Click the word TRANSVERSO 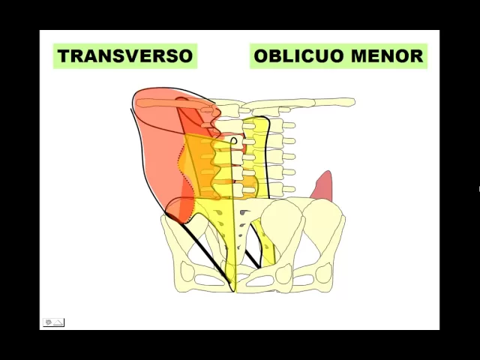click(x=125, y=56)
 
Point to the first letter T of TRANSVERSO click(x=63, y=56)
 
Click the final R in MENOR click(x=417, y=56)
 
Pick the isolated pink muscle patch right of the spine click(x=322, y=187)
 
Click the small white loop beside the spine click(x=233, y=141)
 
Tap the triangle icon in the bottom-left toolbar click(x=58, y=322)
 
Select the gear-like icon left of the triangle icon click(x=49, y=322)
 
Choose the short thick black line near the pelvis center click(x=254, y=247)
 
